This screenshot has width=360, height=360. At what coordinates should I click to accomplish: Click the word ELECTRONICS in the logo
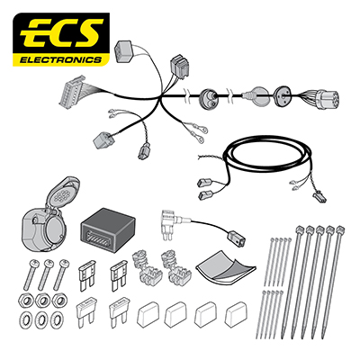point(61,60)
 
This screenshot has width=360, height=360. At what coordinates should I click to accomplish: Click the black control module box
point(108,229)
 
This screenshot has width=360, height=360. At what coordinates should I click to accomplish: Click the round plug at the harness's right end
point(327,98)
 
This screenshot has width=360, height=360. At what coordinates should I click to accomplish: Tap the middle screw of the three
point(45,274)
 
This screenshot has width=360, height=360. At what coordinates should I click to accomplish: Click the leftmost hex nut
point(26,301)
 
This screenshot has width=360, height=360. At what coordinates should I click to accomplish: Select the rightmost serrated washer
point(58,319)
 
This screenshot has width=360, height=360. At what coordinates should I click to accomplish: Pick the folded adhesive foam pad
point(226,266)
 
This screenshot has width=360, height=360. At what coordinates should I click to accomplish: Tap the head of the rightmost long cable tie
point(340,230)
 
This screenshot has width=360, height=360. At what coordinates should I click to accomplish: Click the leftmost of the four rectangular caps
point(148,314)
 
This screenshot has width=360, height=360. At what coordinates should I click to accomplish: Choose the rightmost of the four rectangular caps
point(237,314)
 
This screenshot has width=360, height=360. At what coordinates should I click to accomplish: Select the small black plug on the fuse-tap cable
point(237,238)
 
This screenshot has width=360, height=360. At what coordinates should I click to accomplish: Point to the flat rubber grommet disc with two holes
point(282,96)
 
